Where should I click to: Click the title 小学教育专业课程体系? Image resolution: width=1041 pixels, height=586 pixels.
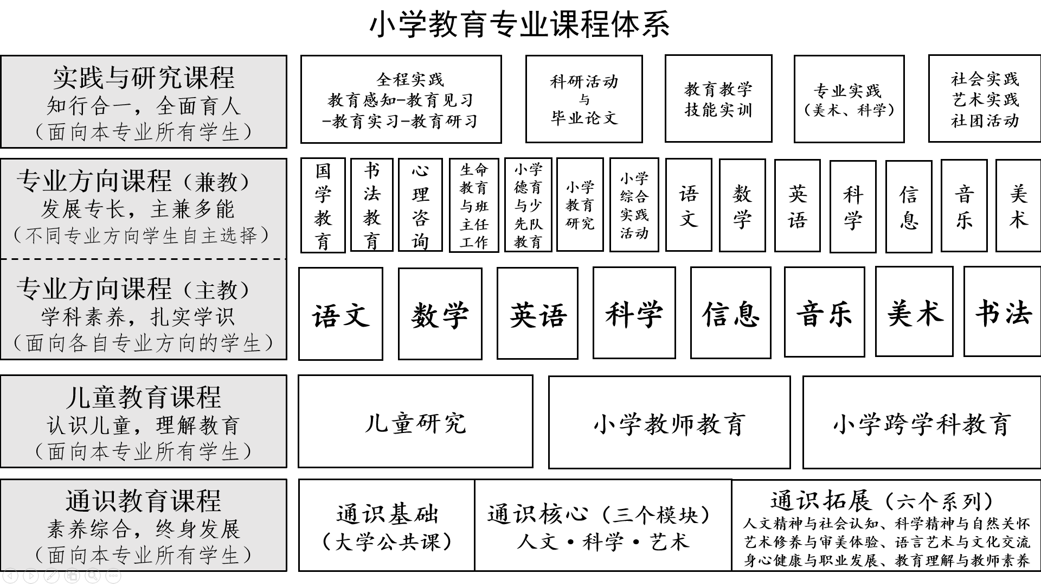pos(519,24)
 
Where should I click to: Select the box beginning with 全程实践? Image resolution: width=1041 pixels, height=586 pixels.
pos(401,99)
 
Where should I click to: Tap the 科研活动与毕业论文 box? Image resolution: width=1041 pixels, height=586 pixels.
pos(584,99)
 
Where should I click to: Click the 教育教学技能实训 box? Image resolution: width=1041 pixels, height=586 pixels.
pos(718,99)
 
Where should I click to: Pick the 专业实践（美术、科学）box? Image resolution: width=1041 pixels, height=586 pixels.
pos(849,99)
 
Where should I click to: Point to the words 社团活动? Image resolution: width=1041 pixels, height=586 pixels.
pos(985,120)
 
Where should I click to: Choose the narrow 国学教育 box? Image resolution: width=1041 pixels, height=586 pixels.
pos(323,206)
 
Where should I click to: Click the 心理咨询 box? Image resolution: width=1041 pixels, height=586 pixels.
pos(420,205)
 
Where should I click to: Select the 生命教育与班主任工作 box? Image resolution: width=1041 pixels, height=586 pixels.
pos(474,205)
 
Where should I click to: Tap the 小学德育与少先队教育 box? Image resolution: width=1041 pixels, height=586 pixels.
pos(528,205)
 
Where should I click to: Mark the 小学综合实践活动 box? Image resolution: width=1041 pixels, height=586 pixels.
pos(634,205)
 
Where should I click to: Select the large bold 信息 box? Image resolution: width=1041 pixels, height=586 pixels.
pos(731,313)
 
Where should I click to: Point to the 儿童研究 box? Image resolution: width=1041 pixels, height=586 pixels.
pos(415,422)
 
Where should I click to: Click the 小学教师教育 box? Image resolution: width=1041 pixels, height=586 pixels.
pos(669,422)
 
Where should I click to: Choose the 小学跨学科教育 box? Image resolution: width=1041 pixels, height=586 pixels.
pos(922,422)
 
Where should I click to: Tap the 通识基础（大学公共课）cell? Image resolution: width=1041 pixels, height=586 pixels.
pos(387,525)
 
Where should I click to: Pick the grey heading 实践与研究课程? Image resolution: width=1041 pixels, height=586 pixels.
pos(144,78)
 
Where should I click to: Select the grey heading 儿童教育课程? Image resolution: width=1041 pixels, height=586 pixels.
pos(144,397)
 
